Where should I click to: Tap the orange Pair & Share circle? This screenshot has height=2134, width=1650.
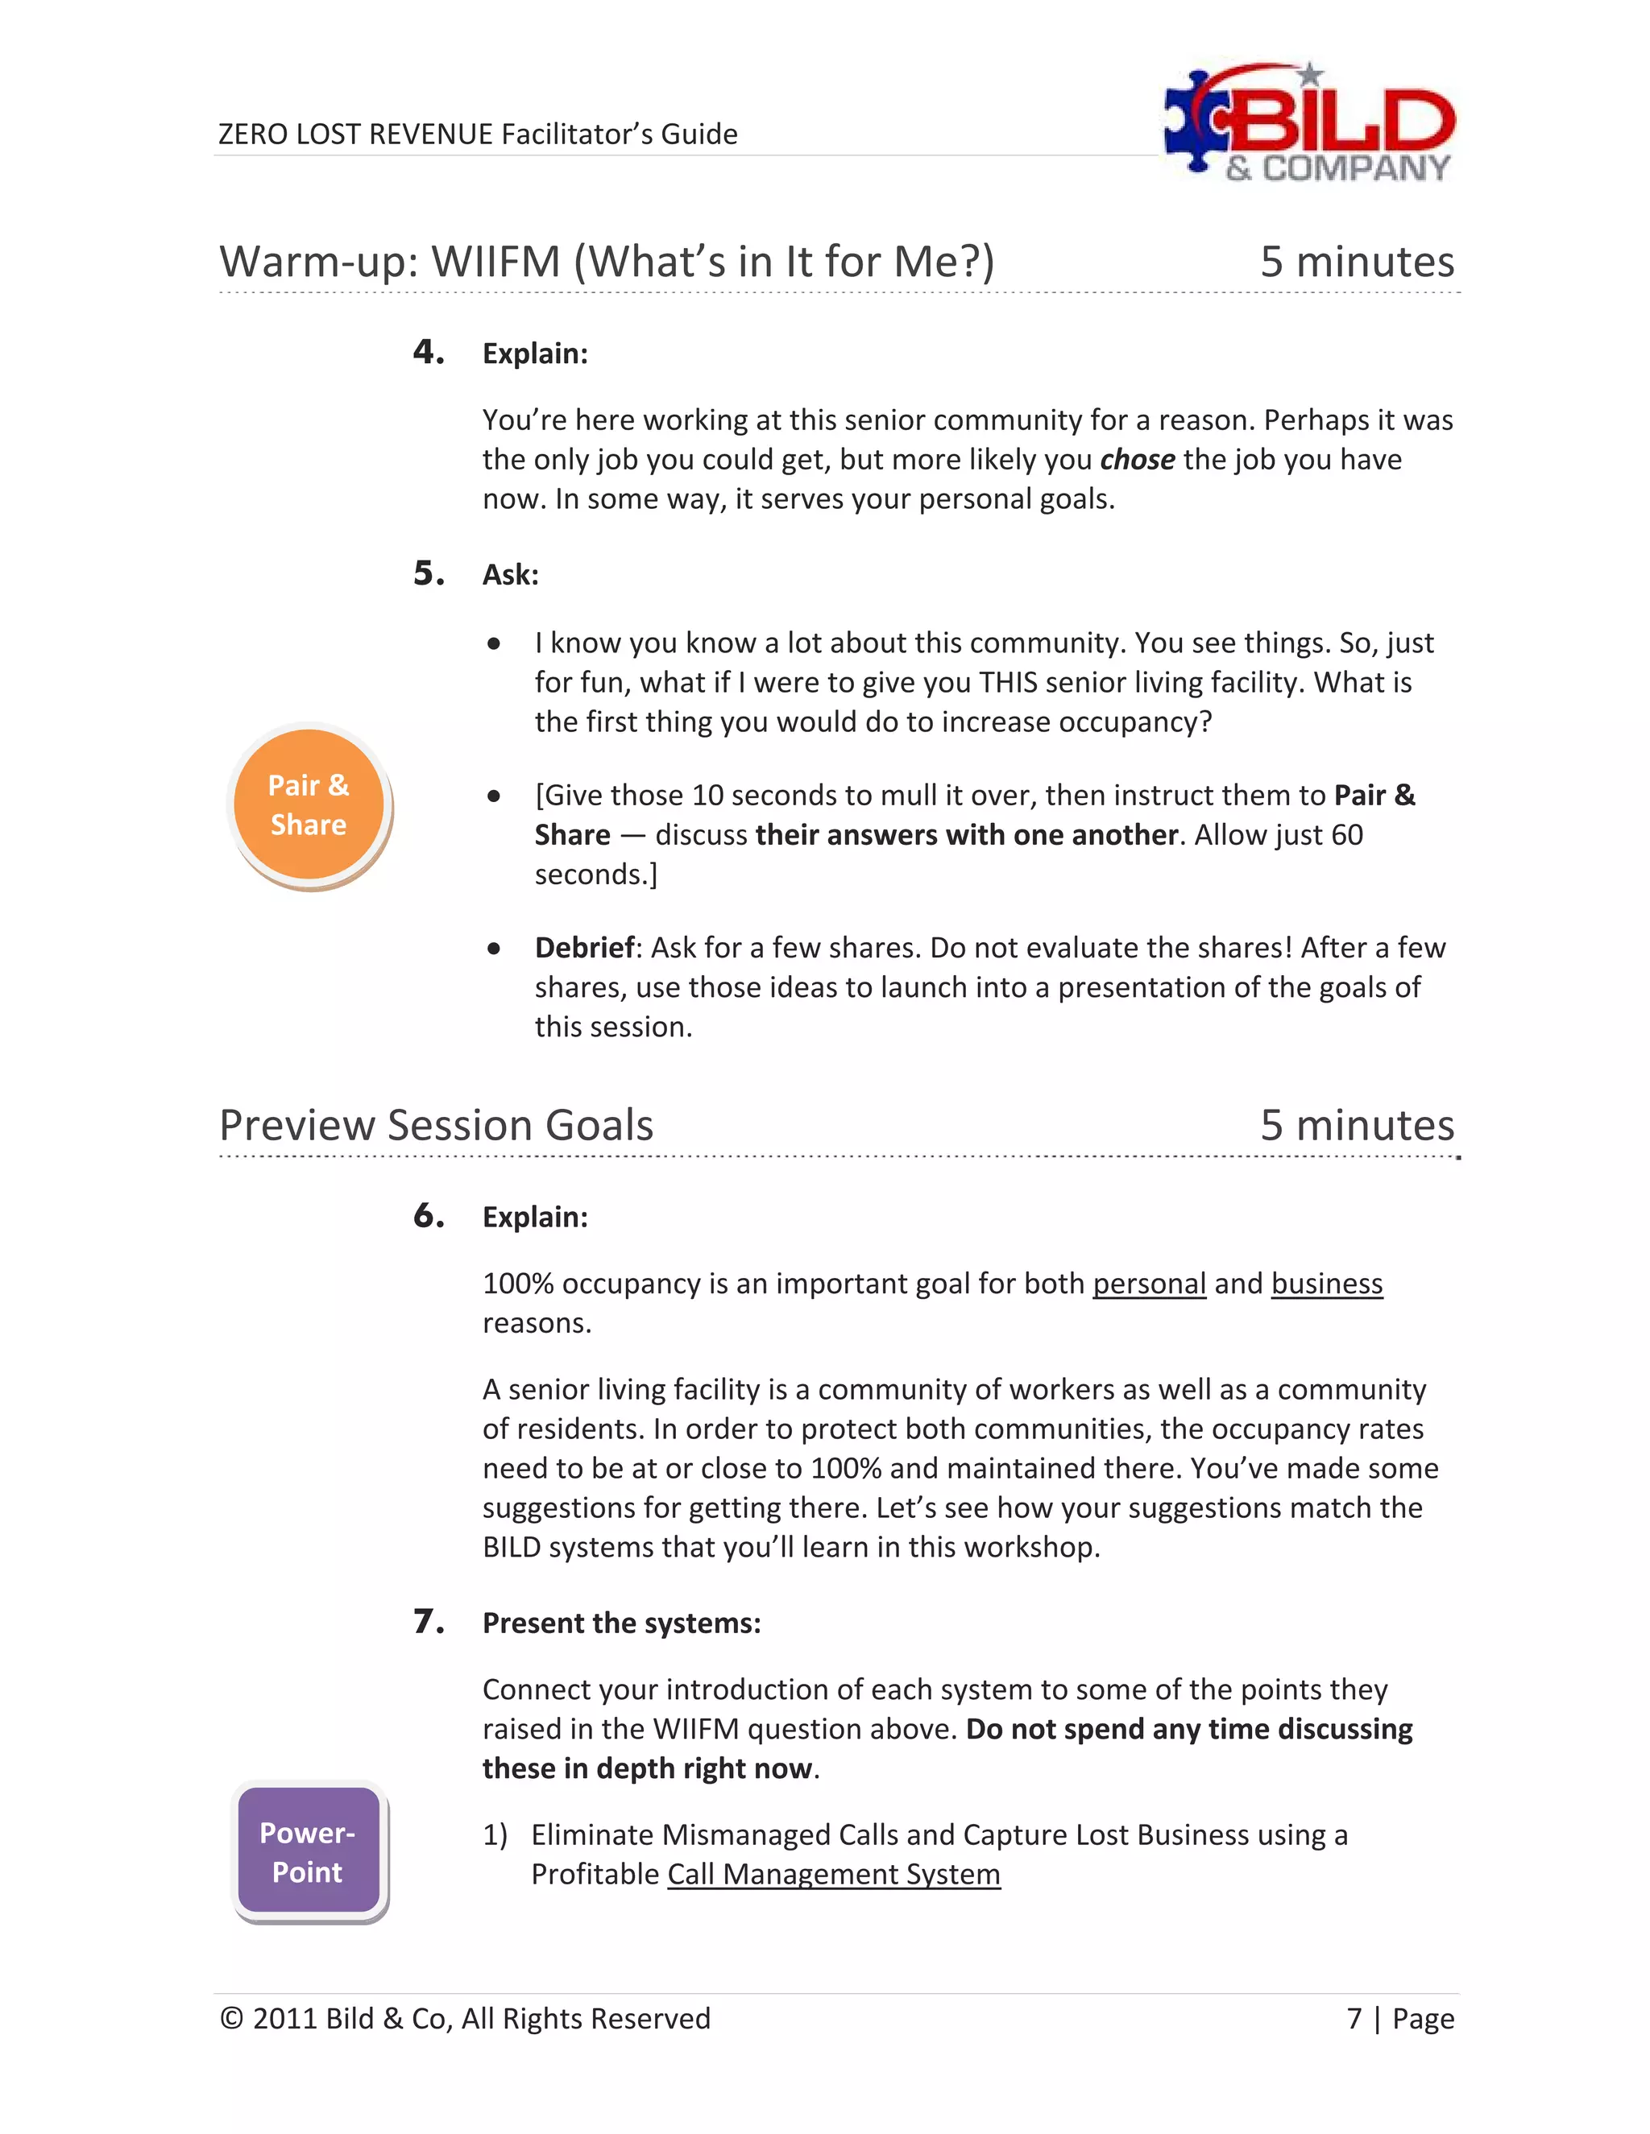[x=309, y=805]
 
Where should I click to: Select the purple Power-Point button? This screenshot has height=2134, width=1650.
[x=309, y=1851]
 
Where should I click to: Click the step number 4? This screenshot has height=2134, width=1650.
[x=428, y=352]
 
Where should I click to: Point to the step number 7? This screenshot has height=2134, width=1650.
[x=428, y=1621]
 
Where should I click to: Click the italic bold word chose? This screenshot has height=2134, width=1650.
[x=1137, y=459]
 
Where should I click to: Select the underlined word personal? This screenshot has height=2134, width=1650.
[x=1149, y=1283]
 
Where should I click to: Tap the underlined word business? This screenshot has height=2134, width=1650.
[x=1326, y=1283]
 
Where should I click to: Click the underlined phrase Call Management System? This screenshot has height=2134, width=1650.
[x=834, y=1874]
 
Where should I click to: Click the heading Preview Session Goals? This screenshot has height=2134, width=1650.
[x=436, y=1125]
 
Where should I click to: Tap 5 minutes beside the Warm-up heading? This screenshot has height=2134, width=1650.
[x=1357, y=262]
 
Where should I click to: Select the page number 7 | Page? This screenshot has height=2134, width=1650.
[x=1399, y=2018]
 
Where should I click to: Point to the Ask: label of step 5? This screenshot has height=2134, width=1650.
[x=510, y=574]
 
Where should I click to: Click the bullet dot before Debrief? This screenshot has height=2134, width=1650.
[x=495, y=948]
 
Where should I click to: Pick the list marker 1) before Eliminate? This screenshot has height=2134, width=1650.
[x=495, y=1835]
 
